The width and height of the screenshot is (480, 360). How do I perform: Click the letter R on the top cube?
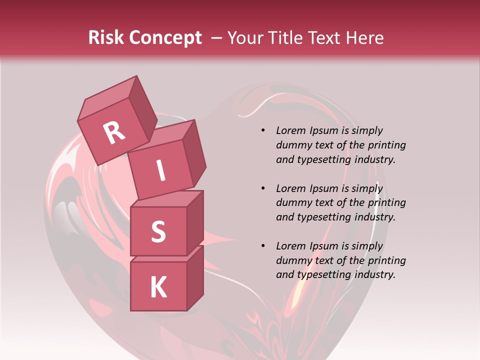click(114, 132)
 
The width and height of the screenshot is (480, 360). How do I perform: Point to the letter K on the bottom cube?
click(158, 287)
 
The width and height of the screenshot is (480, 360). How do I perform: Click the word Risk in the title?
click(106, 37)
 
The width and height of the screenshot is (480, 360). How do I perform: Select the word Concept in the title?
click(165, 37)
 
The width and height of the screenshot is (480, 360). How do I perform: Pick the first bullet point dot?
click(263, 131)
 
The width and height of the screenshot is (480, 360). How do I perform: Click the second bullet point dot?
click(263, 188)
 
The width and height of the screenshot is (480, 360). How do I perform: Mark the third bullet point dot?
click(263, 246)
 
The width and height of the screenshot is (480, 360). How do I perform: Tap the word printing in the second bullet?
click(386, 203)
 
